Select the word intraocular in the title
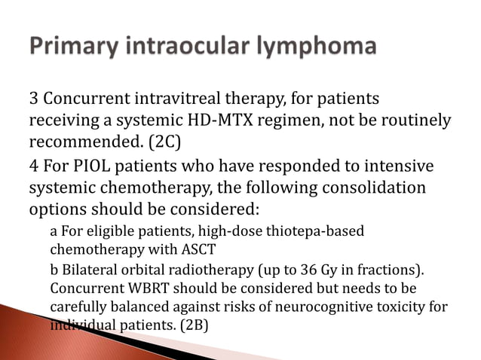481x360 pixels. point(193,47)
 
